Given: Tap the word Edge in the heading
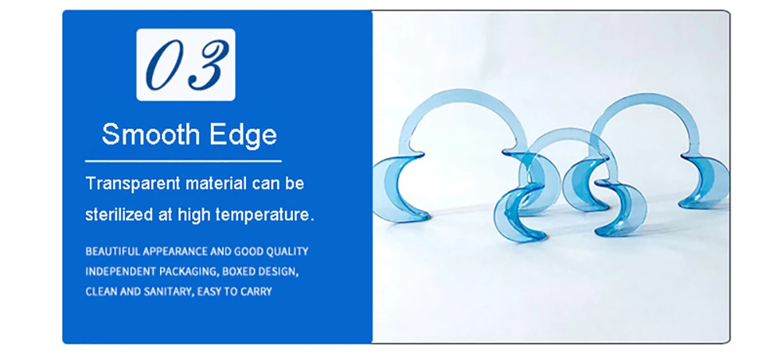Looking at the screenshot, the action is (243, 135).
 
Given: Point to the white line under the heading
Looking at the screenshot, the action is (184, 162).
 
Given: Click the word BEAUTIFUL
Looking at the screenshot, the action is (112, 251).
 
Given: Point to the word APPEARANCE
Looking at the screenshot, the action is (175, 251).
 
